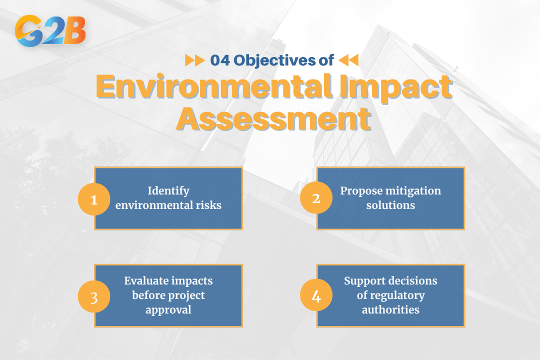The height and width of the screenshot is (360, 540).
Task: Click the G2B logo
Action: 50,31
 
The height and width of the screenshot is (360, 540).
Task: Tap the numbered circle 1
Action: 93,199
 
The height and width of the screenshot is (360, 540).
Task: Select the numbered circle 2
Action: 315,198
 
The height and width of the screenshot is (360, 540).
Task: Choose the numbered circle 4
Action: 315,296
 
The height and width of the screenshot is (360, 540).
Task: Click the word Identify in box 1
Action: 168,191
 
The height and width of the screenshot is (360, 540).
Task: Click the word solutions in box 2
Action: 390,205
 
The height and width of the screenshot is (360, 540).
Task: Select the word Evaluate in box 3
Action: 148,281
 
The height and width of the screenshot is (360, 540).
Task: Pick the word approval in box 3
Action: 168,309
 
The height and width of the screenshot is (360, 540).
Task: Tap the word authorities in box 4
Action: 390,309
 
